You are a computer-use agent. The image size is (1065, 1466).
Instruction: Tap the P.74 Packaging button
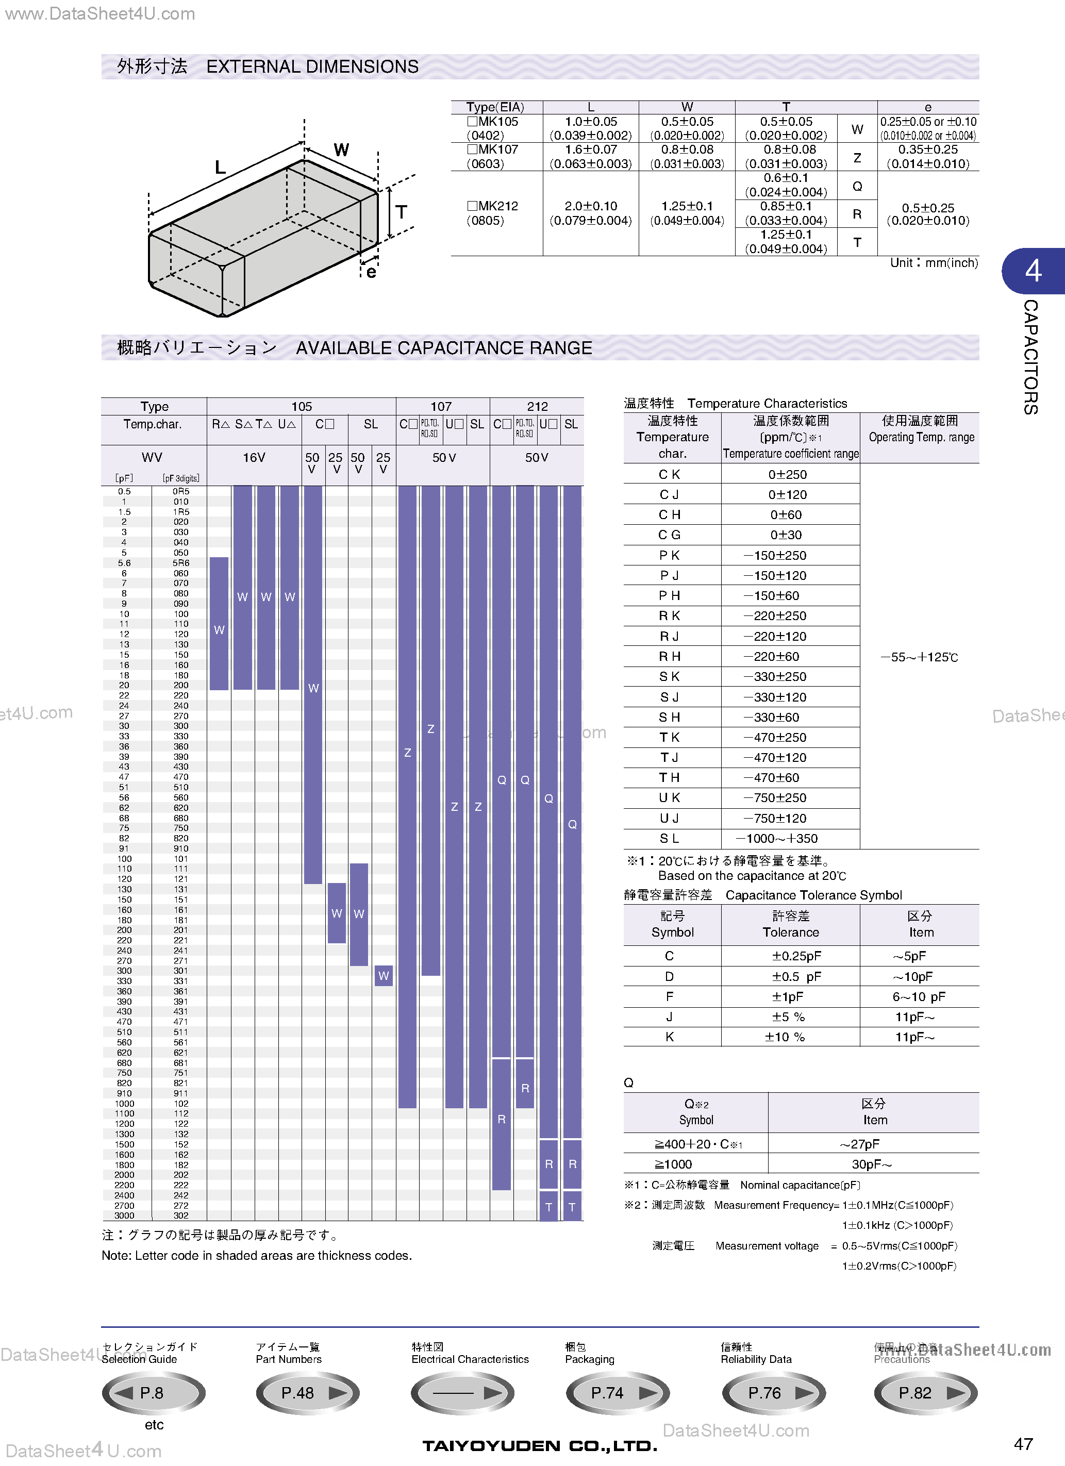click(x=617, y=1393)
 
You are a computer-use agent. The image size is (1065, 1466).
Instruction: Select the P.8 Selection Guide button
click(x=154, y=1393)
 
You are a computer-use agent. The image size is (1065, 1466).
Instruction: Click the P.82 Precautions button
click(x=925, y=1393)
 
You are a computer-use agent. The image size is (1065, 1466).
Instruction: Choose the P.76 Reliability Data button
click(x=774, y=1393)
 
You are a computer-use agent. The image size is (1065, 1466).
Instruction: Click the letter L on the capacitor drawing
click(x=220, y=168)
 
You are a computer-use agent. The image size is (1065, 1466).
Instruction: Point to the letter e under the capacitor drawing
click(x=371, y=272)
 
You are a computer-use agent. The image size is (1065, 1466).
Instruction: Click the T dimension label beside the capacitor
click(x=402, y=212)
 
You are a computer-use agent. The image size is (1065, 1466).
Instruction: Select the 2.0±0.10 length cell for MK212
click(x=591, y=213)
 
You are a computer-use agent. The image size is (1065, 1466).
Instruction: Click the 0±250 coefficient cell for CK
click(x=787, y=474)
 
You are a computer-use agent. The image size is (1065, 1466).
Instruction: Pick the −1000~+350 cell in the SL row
click(x=777, y=838)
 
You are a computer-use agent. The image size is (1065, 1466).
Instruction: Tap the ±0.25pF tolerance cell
click(x=790, y=956)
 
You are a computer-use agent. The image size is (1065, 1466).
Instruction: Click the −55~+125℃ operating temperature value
click(x=919, y=657)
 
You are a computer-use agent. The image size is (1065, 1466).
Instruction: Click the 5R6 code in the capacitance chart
click(x=181, y=563)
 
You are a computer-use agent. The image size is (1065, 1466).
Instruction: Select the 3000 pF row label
click(x=125, y=1215)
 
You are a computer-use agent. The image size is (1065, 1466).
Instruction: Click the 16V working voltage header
click(x=254, y=458)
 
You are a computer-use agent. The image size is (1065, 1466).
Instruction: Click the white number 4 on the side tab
click(x=1033, y=271)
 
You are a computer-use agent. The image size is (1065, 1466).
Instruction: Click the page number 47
click(x=1024, y=1443)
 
